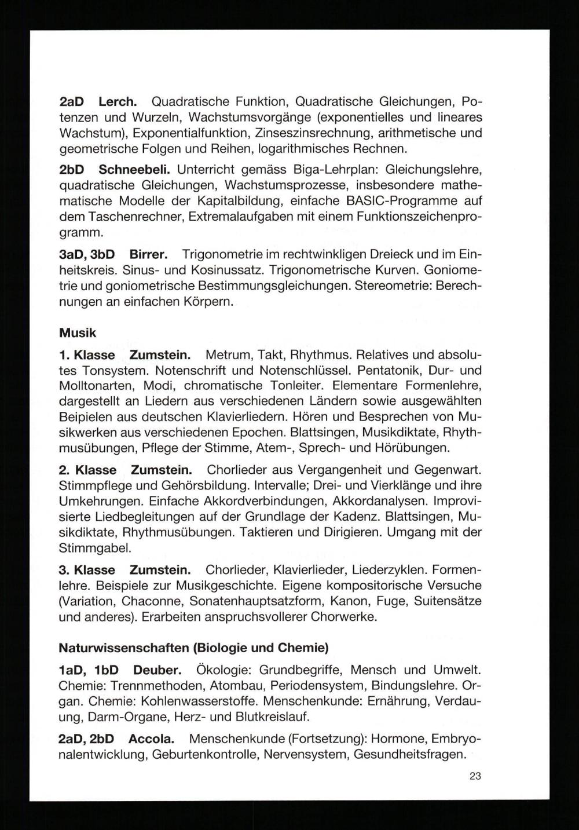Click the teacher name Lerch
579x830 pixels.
[x=118, y=102]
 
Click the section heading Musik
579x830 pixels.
[x=78, y=333]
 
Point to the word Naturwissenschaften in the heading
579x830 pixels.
[x=124, y=647]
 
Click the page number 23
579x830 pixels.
[x=475, y=776]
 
